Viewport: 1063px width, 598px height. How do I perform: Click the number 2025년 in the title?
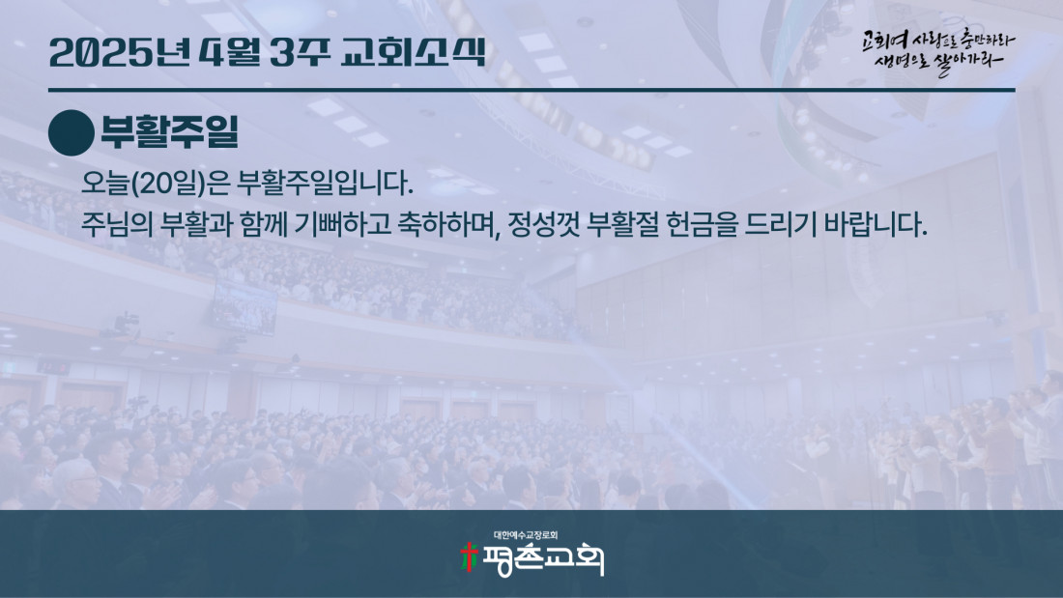(119, 52)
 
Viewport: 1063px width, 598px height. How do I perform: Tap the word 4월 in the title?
(231, 52)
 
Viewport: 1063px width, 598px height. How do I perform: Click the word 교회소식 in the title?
(414, 52)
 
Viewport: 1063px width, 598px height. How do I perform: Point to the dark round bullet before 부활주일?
(72, 133)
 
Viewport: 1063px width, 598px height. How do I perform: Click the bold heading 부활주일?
(169, 131)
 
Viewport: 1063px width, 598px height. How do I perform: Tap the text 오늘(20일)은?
(156, 184)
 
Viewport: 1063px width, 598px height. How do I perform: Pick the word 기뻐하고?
(343, 224)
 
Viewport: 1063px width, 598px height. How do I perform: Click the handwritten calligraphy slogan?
(938, 51)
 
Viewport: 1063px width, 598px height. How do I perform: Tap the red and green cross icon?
(469, 558)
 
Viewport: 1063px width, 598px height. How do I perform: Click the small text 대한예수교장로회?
(526, 535)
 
